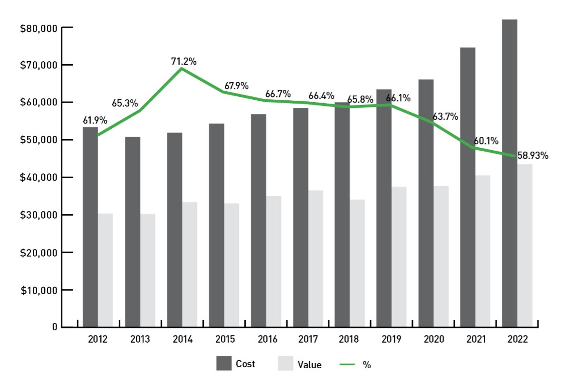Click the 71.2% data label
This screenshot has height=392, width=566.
pyautogui.click(x=184, y=61)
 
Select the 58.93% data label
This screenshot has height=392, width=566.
pyautogui.click(x=533, y=155)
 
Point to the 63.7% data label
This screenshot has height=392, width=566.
pyautogui.click(x=445, y=116)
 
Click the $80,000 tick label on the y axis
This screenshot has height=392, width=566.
pyautogui.click(x=39, y=28)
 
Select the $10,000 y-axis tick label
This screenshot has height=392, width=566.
pyautogui.click(x=39, y=290)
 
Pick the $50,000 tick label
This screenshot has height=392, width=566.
pyautogui.click(x=39, y=140)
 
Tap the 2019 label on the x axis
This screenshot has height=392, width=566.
pyautogui.click(x=392, y=340)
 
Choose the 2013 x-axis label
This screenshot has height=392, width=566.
pyautogui.click(x=140, y=340)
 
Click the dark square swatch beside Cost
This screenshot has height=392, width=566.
pyautogui.click(x=223, y=363)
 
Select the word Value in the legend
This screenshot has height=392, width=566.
pyautogui.click(x=309, y=365)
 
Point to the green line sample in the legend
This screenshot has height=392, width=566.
pyautogui.click(x=347, y=364)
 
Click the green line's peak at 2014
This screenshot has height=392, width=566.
pyautogui.click(x=182, y=68)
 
